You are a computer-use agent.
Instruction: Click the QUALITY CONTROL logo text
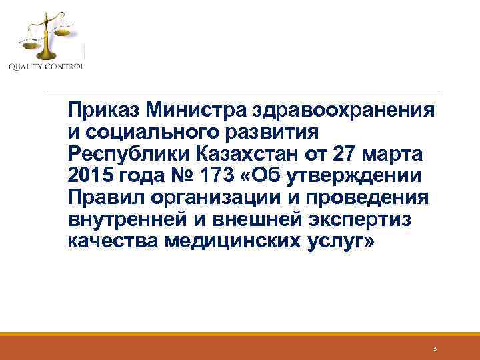[x=46, y=66]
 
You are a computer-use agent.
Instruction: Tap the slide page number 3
[x=434, y=349]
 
